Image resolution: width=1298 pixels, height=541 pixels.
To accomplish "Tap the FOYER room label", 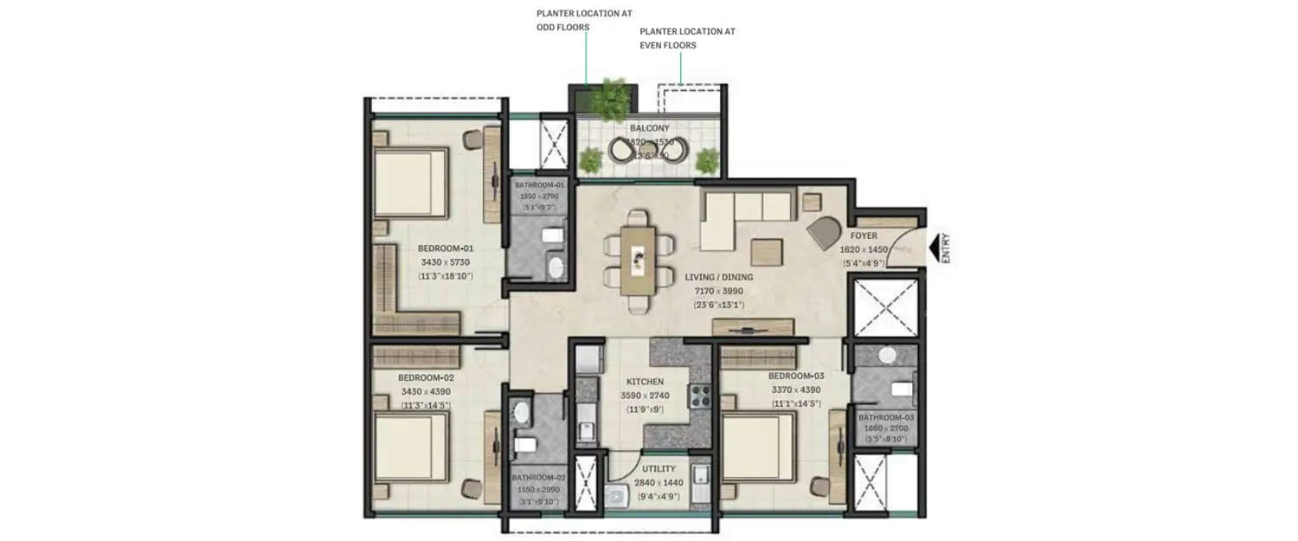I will pyautogui.click(x=863, y=235).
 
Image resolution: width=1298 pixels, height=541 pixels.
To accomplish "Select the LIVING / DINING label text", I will pyautogui.click(x=718, y=277).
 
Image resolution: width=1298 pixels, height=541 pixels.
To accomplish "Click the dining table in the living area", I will pyautogui.click(x=639, y=257).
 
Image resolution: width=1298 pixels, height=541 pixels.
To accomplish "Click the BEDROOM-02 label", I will pyautogui.click(x=426, y=378).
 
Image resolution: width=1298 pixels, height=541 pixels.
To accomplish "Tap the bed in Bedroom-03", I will pyautogui.click(x=758, y=447).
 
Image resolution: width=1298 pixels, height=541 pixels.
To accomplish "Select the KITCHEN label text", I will pyautogui.click(x=646, y=382).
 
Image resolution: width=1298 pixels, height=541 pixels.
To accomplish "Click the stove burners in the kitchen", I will pyautogui.click(x=699, y=396).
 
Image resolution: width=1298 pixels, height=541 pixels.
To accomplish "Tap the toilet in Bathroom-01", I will pyautogui.click(x=551, y=235).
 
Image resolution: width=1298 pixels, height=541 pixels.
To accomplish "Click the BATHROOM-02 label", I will pyautogui.click(x=537, y=477).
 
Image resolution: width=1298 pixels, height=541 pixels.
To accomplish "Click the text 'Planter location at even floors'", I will pyautogui.click(x=687, y=38).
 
